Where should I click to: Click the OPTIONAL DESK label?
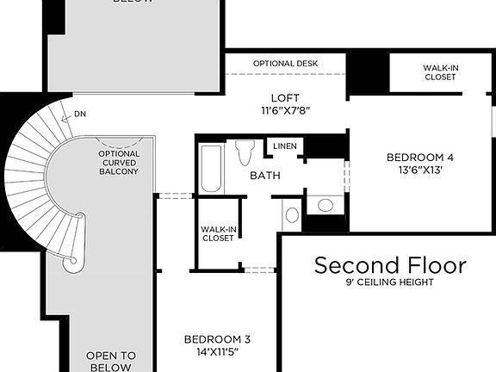coord(285,64)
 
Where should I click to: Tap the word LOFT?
coord(285,97)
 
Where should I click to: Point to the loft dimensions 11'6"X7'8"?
coord(285,110)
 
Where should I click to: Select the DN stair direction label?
coord(79,114)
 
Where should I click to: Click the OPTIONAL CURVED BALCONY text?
coord(119,163)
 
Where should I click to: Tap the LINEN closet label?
coord(285,146)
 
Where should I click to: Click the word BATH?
coord(265,175)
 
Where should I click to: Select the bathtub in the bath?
coord(211,168)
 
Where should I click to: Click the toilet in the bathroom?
coord(244,152)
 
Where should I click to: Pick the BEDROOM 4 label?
coord(419,157)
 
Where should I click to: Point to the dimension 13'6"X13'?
coord(419,170)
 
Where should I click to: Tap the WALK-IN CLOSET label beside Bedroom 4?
coord(440,72)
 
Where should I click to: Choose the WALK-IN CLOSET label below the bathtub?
coord(218,233)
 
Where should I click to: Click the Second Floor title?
coord(390,264)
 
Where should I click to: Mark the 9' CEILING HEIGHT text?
coord(390,282)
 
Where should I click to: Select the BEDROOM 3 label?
coord(217,338)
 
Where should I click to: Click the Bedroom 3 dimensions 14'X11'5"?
coord(217,351)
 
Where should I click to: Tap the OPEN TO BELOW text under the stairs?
coord(110,361)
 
